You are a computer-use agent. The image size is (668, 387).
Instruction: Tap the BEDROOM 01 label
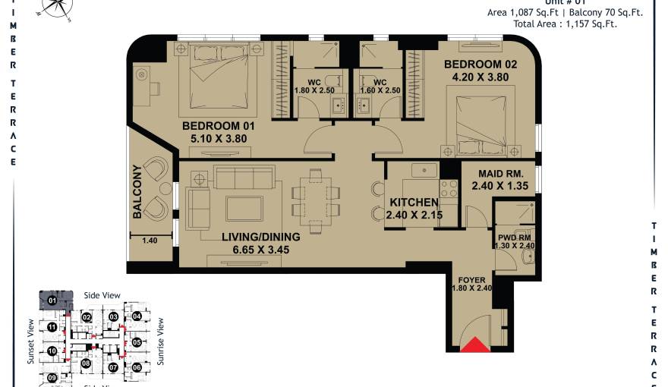[x=218, y=126]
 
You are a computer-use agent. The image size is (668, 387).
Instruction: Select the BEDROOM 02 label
[x=480, y=64]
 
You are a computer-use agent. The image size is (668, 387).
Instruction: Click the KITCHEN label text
[x=414, y=203]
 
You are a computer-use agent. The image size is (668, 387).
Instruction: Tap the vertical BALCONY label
[x=137, y=192]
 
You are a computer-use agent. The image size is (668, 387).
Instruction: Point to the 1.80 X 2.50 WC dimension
[x=314, y=91]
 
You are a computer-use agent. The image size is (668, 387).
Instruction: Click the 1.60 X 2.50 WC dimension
[x=380, y=91]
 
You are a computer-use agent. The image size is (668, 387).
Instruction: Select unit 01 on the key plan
[x=53, y=300]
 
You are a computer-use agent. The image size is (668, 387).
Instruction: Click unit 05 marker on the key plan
[x=137, y=342]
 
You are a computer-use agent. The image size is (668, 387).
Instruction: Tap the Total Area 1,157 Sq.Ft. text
[x=565, y=24]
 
